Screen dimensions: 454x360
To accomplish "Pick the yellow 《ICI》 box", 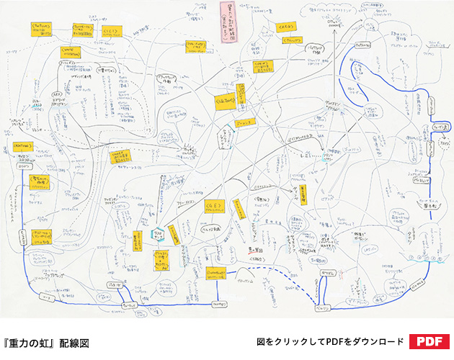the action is [111, 33].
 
